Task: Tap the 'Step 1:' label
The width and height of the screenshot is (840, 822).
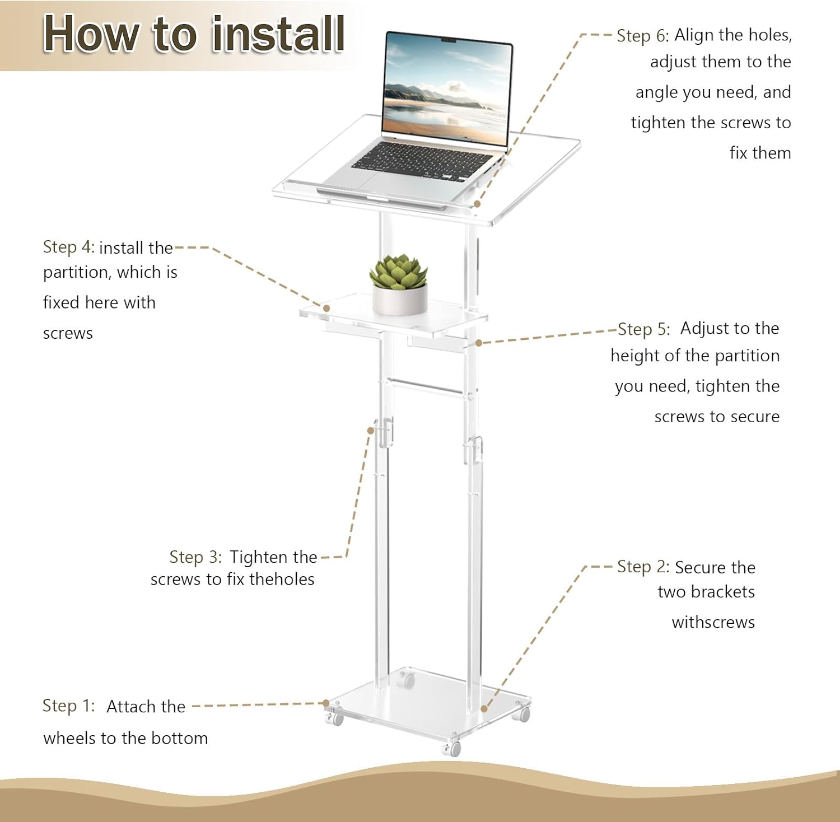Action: [x=68, y=706]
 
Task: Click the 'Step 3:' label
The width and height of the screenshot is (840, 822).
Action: [x=195, y=557]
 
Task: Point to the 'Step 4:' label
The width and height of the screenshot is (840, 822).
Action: [x=68, y=247]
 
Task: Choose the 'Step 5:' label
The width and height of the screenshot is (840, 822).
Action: [x=643, y=329]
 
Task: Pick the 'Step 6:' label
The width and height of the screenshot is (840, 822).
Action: [x=642, y=35]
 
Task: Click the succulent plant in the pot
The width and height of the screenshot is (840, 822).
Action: [x=398, y=271]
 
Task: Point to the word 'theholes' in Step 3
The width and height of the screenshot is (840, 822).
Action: [x=282, y=579]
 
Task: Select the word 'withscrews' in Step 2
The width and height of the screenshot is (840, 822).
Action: [x=713, y=622]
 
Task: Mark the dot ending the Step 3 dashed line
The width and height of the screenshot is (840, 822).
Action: [x=370, y=430]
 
